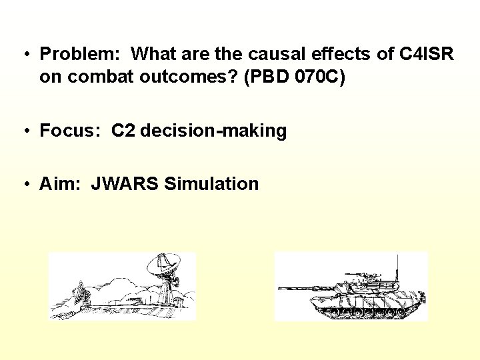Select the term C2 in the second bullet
click(x=124, y=131)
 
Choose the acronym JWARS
click(x=124, y=184)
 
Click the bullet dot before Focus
click(x=24, y=131)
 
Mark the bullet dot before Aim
click(x=24, y=185)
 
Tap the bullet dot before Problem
click(x=24, y=55)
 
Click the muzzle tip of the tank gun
click(x=280, y=288)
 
